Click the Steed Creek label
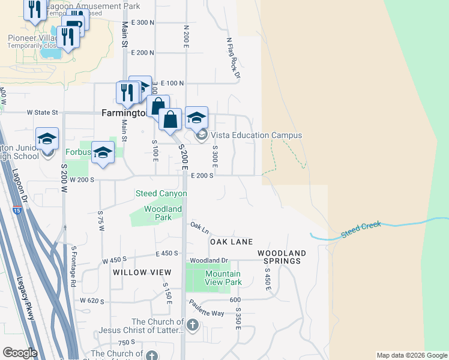click(361, 229)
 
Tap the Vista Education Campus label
click(256, 136)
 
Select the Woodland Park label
click(163, 213)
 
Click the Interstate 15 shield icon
click(17, 209)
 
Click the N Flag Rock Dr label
click(233, 59)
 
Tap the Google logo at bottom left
click(20, 353)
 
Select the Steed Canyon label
click(161, 194)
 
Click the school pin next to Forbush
click(103, 152)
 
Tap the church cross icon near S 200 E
click(192, 326)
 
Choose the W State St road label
click(42, 112)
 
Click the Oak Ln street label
click(199, 228)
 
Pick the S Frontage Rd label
click(73, 265)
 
